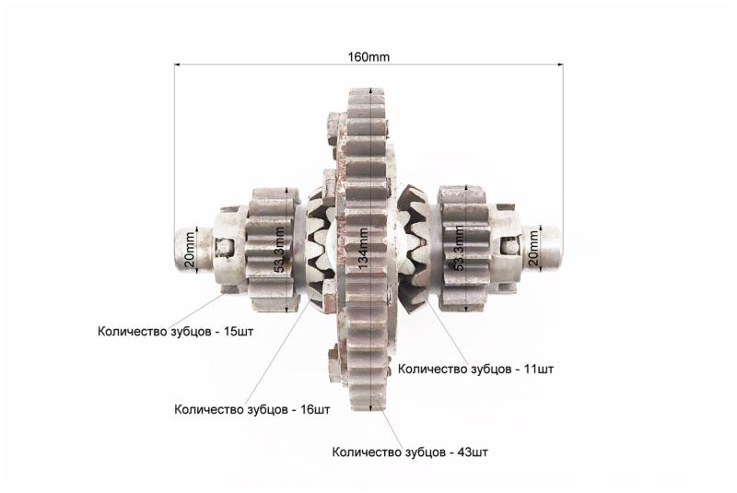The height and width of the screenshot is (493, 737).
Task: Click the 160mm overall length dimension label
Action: click(368, 57)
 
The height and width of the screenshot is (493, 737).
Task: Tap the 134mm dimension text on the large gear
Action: click(363, 249)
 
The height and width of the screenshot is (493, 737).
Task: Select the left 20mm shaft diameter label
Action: click(189, 250)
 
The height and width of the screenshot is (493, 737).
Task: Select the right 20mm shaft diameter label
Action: click(533, 248)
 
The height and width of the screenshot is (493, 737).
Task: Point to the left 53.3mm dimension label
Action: click(279, 250)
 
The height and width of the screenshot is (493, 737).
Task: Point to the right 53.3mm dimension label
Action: click(459, 248)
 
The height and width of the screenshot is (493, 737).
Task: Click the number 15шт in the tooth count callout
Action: click(239, 332)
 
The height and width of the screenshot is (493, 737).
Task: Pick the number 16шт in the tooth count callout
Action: click(315, 409)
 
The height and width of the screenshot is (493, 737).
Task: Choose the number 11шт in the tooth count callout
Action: click(539, 369)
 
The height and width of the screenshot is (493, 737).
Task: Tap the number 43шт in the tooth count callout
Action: click(473, 452)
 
